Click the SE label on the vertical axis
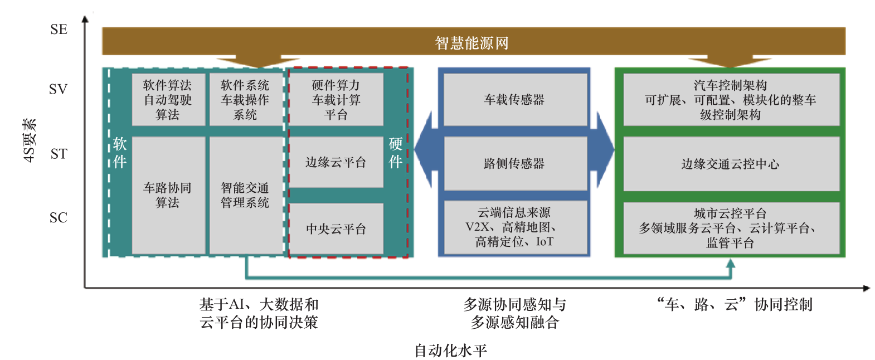click(59, 30)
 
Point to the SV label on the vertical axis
click(58, 89)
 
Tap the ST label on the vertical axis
click(59, 154)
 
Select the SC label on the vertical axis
click(58, 217)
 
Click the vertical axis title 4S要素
click(30, 140)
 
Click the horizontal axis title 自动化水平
click(450, 351)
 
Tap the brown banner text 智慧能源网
click(471, 43)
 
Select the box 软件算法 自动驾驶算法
click(168, 100)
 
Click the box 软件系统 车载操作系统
click(245, 100)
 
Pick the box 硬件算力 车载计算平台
click(336, 100)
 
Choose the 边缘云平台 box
click(336, 162)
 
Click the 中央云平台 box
click(336, 228)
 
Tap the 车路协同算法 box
click(168, 195)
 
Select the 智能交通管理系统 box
click(245, 195)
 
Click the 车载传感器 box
click(514, 100)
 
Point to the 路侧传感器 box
click(514, 163)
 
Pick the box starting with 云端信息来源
click(514, 227)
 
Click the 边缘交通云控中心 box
click(731, 164)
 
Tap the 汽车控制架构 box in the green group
click(731, 100)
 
